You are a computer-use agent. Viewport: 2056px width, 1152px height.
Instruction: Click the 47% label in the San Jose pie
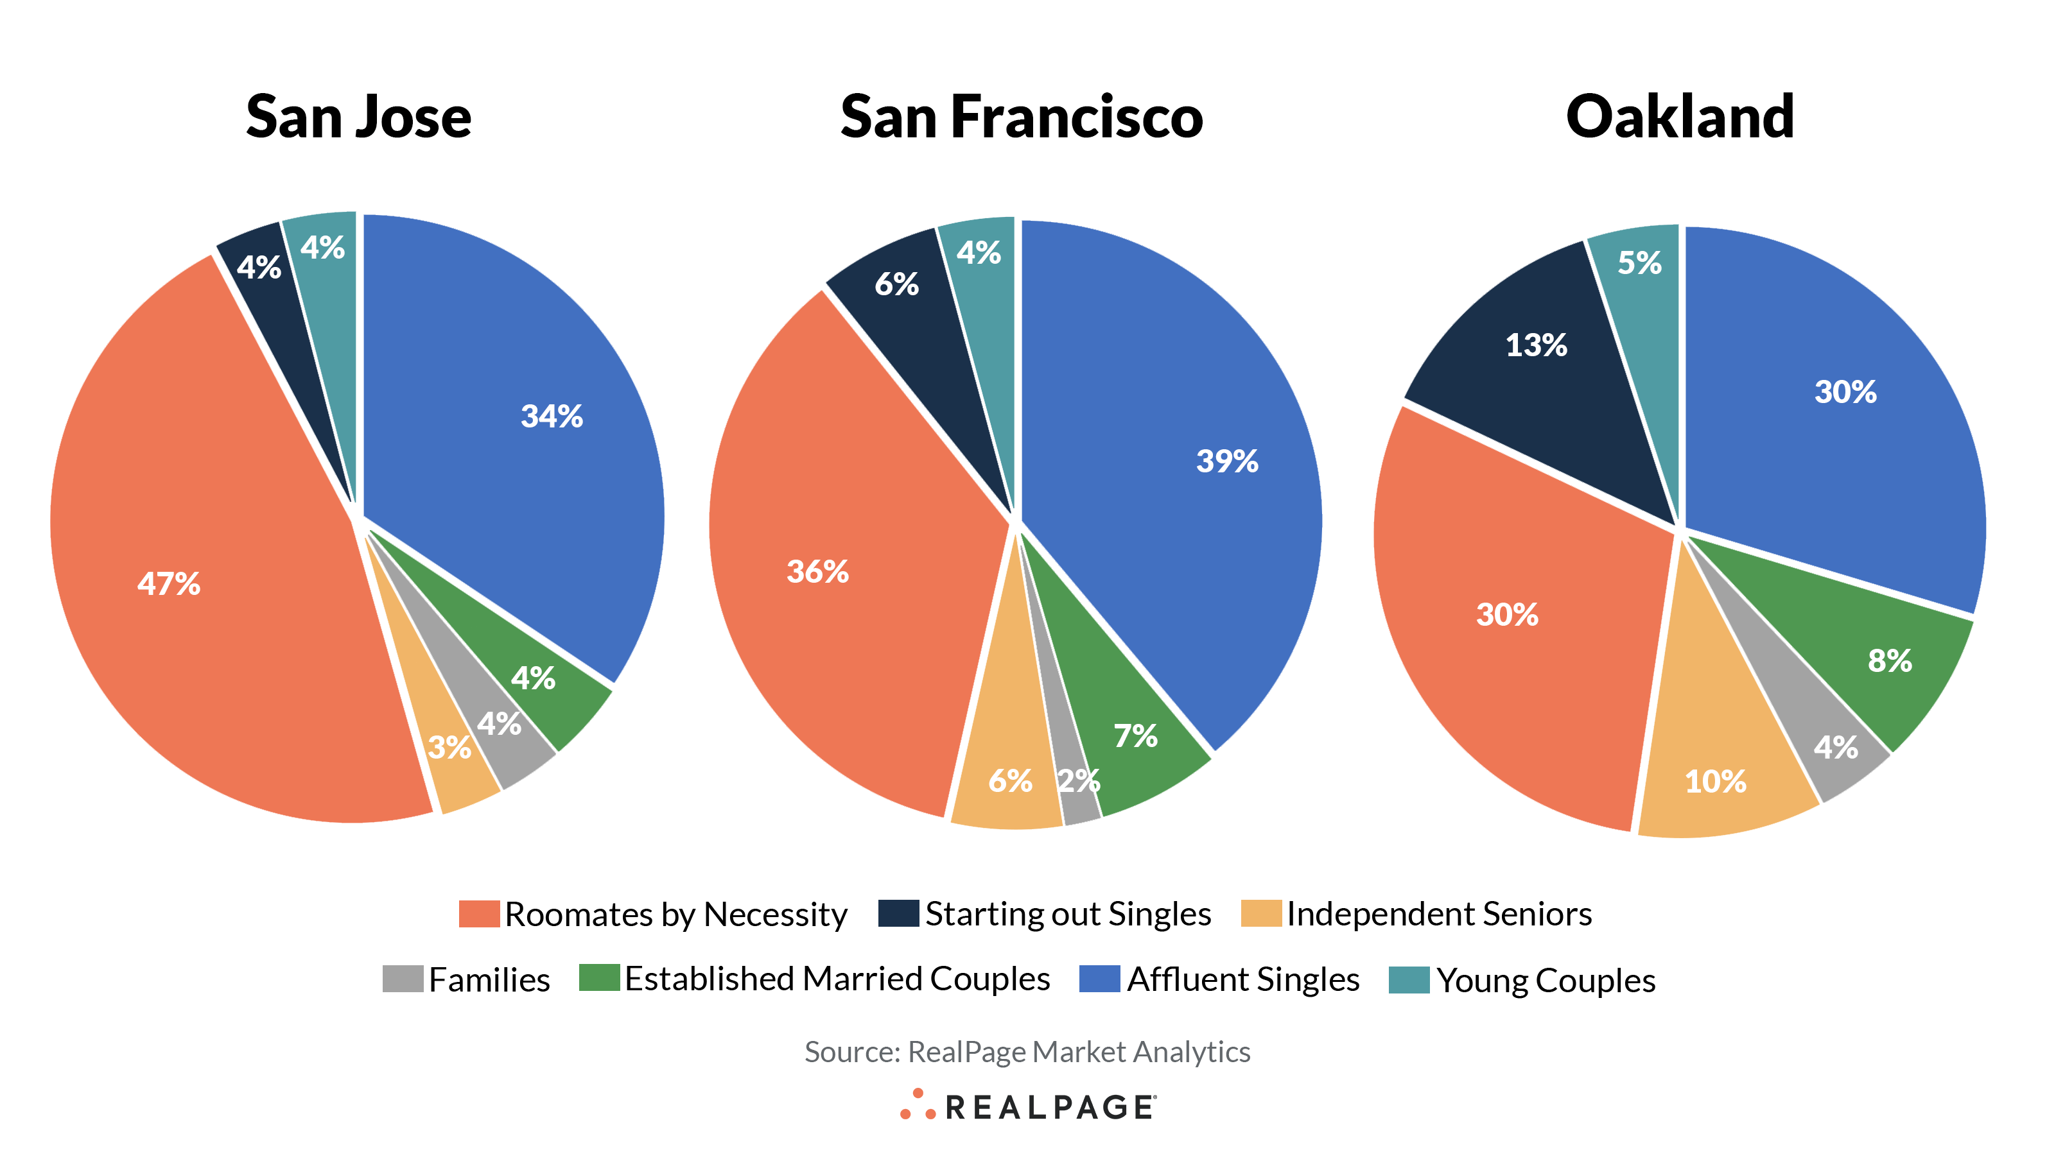[168, 583]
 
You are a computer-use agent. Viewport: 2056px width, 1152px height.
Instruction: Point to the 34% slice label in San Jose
[552, 416]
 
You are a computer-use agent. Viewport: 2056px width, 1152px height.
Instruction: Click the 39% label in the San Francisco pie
[1227, 460]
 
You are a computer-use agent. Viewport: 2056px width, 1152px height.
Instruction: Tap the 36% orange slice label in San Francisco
[817, 571]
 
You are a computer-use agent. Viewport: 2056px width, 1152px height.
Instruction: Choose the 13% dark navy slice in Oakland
[1536, 345]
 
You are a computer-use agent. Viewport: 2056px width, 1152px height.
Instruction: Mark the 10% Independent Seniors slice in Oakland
[1715, 781]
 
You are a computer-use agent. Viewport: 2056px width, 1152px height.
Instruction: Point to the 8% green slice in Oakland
[1889, 660]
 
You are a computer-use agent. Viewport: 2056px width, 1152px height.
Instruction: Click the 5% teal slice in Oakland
[1639, 262]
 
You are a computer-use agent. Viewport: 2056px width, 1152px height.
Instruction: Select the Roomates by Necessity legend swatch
[479, 913]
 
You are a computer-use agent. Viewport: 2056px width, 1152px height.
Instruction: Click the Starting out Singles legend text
[1067, 913]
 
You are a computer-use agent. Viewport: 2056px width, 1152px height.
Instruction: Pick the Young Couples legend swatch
[1409, 979]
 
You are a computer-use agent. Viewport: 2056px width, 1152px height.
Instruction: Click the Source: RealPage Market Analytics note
[1027, 1051]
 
